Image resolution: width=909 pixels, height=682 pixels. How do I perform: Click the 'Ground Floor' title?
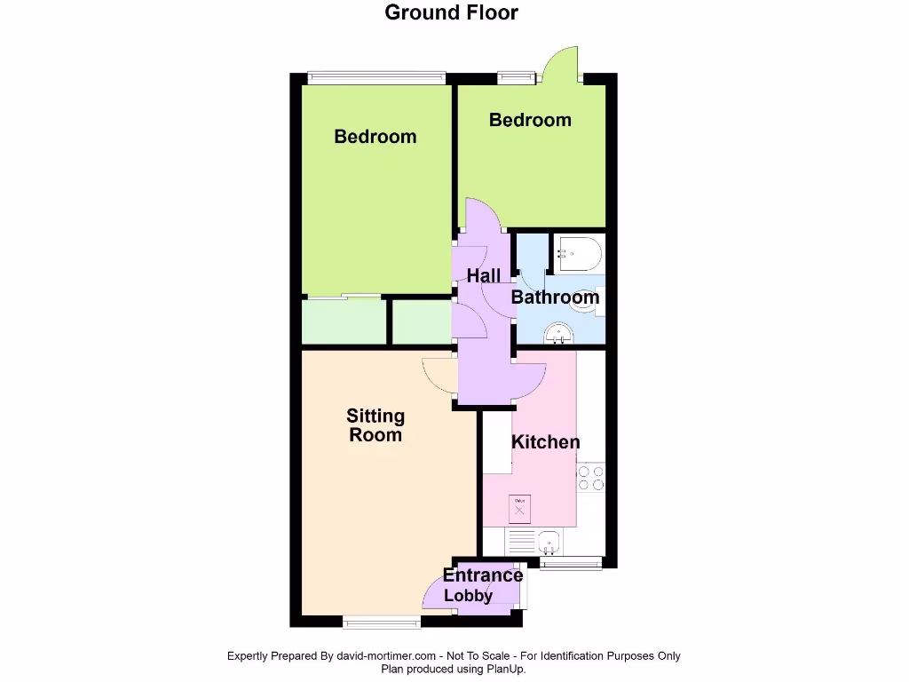(451, 12)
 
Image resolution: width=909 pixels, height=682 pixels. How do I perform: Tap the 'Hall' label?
(484, 276)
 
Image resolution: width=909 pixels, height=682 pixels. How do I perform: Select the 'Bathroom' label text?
(555, 297)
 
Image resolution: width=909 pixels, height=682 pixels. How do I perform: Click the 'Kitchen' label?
(546, 442)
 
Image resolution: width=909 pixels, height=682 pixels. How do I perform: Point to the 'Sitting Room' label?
(375, 425)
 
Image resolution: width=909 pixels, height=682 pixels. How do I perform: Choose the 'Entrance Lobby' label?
(482, 585)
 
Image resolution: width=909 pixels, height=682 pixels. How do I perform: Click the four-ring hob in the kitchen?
(591, 478)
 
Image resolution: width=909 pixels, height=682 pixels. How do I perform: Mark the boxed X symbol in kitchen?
(520, 510)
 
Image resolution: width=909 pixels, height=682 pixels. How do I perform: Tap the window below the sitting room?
(382, 621)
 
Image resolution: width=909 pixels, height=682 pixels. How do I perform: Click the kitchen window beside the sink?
(571, 562)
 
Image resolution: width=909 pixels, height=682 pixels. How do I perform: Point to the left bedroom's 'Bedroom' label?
(375, 137)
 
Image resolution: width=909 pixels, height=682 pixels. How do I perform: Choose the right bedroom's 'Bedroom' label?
(530, 120)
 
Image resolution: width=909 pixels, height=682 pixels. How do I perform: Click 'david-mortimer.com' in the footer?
(386, 656)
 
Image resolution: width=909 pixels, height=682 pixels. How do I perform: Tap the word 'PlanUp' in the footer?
(502, 670)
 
